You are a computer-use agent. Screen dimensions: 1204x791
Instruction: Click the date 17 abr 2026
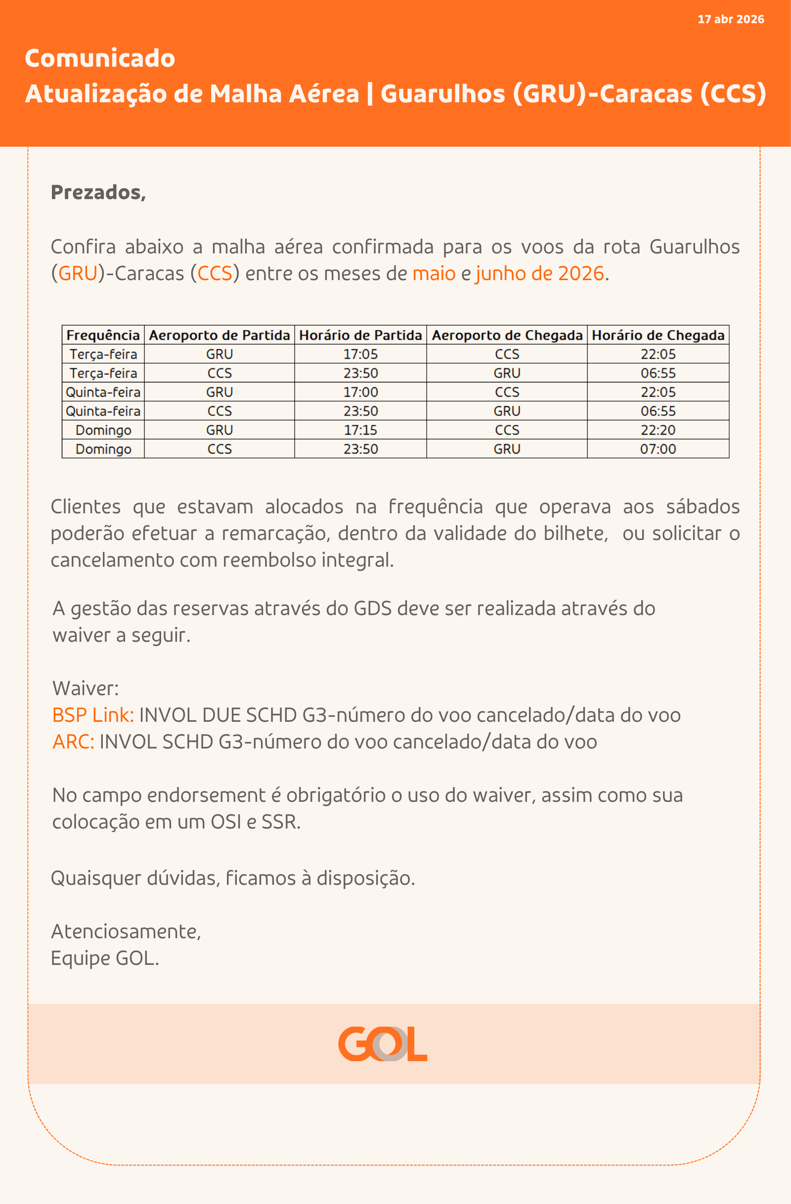pyautogui.click(x=730, y=19)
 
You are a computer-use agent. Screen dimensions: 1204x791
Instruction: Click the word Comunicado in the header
pyautogui.click(x=100, y=58)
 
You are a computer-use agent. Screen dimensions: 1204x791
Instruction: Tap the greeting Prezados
pyautogui.click(x=98, y=192)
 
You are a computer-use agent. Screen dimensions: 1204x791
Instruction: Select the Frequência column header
pyautogui.click(x=103, y=335)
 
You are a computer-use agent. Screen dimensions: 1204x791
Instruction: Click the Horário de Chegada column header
pyautogui.click(x=658, y=335)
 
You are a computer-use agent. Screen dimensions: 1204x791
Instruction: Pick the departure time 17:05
pyautogui.click(x=360, y=354)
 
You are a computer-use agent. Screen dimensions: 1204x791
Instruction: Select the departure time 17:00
pyautogui.click(x=360, y=392)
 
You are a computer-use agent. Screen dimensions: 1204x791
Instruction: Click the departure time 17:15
pyautogui.click(x=360, y=430)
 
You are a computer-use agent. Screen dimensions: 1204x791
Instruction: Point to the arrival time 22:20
pyautogui.click(x=658, y=430)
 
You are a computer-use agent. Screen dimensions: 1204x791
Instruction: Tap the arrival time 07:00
pyautogui.click(x=658, y=449)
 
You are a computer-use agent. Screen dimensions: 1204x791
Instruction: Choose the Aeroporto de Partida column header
pyautogui.click(x=219, y=335)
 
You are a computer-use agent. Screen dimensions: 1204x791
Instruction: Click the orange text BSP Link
pyautogui.click(x=93, y=715)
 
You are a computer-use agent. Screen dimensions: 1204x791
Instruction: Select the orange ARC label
pyautogui.click(x=73, y=742)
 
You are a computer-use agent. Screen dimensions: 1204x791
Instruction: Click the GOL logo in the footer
pyautogui.click(x=383, y=1043)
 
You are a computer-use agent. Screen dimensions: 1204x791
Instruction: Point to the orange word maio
pyautogui.click(x=434, y=274)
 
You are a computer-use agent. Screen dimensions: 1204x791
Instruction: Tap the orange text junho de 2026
pyautogui.click(x=539, y=274)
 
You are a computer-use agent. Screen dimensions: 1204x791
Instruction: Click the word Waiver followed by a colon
pyautogui.click(x=86, y=689)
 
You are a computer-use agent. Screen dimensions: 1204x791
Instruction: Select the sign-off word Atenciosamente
pyautogui.click(x=126, y=931)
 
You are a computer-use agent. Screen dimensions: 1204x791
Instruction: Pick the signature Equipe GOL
pyautogui.click(x=105, y=958)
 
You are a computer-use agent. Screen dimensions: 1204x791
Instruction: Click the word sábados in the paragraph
pyautogui.click(x=703, y=507)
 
